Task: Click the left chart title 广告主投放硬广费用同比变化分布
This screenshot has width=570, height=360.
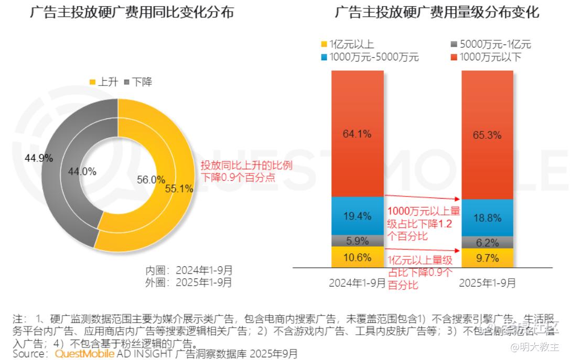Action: [132, 13]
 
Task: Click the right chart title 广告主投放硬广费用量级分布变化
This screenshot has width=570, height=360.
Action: [437, 13]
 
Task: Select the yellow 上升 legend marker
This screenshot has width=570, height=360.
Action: [93, 82]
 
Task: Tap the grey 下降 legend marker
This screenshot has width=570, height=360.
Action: [126, 82]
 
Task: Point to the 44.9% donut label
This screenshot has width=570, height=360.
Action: [38, 158]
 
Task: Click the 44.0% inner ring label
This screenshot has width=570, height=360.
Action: [82, 171]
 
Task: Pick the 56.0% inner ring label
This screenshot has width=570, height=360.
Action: [151, 179]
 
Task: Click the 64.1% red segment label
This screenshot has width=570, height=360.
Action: [357, 134]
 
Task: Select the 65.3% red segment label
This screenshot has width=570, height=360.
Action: [487, 135]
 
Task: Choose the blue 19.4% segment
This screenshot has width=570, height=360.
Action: [357, 216]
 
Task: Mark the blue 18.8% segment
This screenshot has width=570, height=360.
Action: [487, 218]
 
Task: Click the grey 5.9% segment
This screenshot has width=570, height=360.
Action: [357, 241]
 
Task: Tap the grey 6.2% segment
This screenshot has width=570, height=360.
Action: [487, 243]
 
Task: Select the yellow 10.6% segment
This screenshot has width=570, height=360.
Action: [357, 257]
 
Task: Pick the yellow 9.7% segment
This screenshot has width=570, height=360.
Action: [487, 258]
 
